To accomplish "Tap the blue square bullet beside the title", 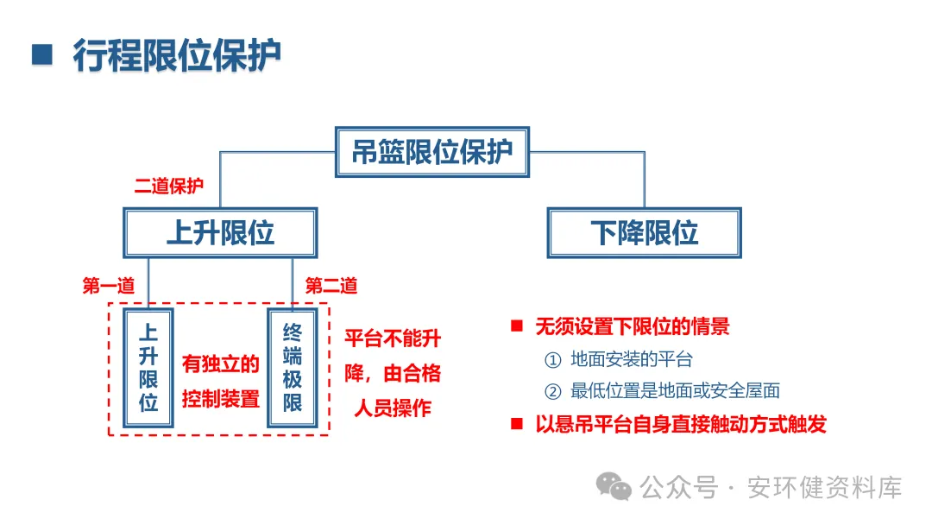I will pos(41,54).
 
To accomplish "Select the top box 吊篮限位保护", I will pos(431,152).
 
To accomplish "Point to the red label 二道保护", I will pos(168,187).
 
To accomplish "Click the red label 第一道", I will pos(108,287).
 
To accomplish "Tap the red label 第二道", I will pos(331,287).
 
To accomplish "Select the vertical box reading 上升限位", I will pos(148,368).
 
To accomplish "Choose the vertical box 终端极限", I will pos(293,368).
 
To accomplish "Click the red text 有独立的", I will pos(221,364).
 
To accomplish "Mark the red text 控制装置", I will pos(221,399).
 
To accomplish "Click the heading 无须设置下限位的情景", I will pos(632,326).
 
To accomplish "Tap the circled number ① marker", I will pos(552,360).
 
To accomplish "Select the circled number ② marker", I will pos(552,391).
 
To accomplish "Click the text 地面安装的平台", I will pos(631,360).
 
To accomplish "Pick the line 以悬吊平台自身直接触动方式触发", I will pos(680,424).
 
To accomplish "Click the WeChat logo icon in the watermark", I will pos(616,487).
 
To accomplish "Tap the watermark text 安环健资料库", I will pos(826,488).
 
